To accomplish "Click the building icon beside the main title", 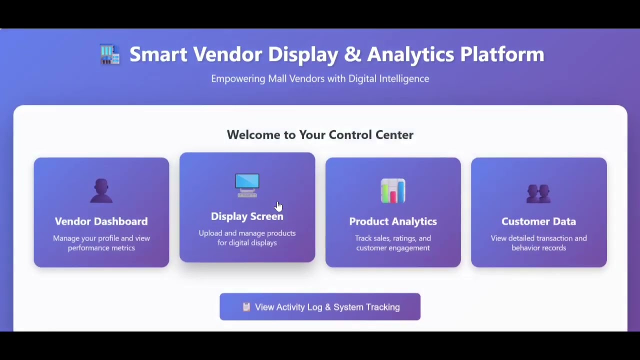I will coord(110,54).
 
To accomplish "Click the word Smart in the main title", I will coord(158,54).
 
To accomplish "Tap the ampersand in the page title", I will coord(352,54).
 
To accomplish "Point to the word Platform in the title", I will coord(501,54).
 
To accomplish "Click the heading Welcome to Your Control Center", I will coord(320,135).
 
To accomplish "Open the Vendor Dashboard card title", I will coord(101,221).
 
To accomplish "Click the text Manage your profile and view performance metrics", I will coord(101,243).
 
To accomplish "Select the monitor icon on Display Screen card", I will coord(247,185).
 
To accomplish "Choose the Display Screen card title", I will coord(247,216).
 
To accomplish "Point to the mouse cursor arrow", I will coord(278,206).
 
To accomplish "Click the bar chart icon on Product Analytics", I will coord(393,191).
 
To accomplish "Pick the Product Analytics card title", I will coord(393,221).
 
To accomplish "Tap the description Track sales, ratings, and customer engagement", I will coord(393,243).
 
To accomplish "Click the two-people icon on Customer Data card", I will coord(538,192).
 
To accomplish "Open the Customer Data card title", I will coord(538,221).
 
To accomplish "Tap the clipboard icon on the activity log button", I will coord(246,307).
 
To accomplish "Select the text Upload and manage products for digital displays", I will coord(247,238).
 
